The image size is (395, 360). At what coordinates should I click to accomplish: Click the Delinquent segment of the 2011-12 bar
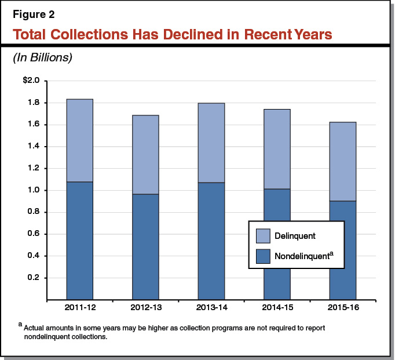[x=79, y=140]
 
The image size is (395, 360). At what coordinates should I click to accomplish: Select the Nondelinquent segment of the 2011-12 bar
[x=79, y=241]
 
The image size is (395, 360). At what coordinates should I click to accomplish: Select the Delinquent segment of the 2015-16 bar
[x=342, y=162]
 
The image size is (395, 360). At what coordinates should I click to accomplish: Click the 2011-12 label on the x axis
[x=79, y=307]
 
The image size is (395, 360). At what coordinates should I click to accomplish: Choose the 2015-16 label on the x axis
[x=342, y=307]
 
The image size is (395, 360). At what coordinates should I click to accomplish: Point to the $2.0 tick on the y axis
[x=31, y=81]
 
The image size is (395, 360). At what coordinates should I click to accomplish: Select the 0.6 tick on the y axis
[x=33, y=234]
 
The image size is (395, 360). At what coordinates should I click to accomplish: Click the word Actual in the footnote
[x=35, y=328]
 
